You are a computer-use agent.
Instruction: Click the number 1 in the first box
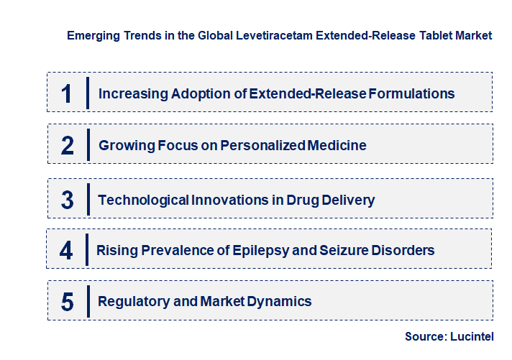tap(67, 93)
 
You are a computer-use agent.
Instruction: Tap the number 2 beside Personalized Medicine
tap(68, 146)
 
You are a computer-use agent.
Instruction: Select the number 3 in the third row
tap(68, 200)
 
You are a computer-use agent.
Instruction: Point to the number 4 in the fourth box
tap(67, 251)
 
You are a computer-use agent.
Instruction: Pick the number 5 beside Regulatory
tap(68, 302)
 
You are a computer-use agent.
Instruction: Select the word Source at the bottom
tap(424, 336)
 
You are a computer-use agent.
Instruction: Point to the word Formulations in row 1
tap(411, 93)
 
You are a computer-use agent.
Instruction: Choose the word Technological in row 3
tap(143, 200)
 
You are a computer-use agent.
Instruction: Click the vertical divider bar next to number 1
tap(87, 93)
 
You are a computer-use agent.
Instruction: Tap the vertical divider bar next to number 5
tap(87, 302)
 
